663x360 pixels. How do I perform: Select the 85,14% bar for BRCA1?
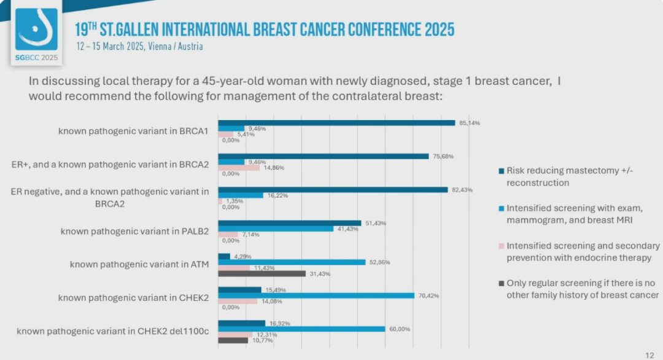336,122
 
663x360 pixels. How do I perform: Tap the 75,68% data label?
443,156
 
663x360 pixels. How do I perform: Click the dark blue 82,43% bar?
333,189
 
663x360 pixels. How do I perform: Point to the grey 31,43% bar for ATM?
262,273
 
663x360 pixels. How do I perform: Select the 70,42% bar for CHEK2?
316,295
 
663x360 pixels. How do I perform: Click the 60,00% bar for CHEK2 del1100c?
301,329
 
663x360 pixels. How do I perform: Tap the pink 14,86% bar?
239,168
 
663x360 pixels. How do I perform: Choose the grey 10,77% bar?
233,340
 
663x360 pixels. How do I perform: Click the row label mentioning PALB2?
135,231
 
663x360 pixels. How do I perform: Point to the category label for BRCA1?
134,130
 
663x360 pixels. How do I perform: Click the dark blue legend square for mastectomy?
501,171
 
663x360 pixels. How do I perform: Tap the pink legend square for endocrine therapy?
501,246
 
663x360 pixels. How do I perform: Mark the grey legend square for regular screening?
501,283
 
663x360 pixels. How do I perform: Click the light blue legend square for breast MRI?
501,208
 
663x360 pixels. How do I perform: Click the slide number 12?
649,355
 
